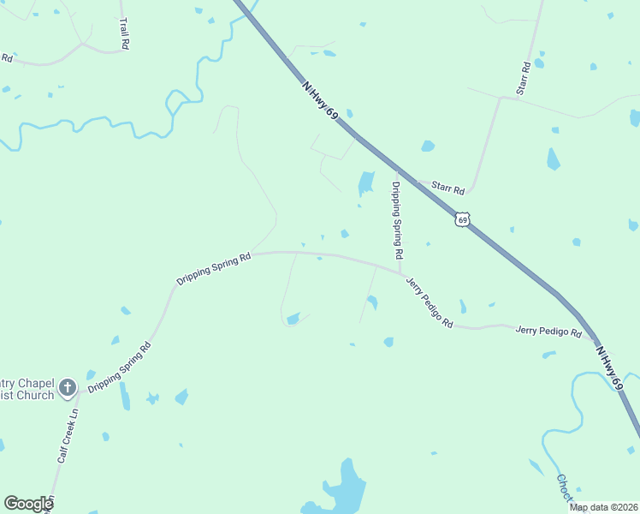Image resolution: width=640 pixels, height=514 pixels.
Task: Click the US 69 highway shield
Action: (x=462, y=219)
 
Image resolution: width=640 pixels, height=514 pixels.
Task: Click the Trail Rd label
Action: (x=125, y=32)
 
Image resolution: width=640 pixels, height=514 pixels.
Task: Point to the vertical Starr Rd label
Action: (x=523, y=78)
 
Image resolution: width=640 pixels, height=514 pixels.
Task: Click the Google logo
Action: (x=28, y=504)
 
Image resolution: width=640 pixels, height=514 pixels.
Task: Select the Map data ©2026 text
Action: (x=603, y=507)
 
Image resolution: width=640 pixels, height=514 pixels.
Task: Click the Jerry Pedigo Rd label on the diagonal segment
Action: (x=429, y=303)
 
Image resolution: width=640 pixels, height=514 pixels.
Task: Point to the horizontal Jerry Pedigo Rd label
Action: (x=548, y=331)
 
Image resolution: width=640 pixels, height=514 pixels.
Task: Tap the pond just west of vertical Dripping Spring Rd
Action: (x=365, y=182)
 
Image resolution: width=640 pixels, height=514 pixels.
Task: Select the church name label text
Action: (x=26, y=388)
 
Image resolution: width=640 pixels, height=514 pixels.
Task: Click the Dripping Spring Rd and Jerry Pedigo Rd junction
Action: (x=400, y=273)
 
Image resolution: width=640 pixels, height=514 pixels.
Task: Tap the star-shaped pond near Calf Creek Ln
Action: (x=152, y=398)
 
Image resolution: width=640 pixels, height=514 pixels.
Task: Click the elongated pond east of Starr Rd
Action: (x=553, y=159)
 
